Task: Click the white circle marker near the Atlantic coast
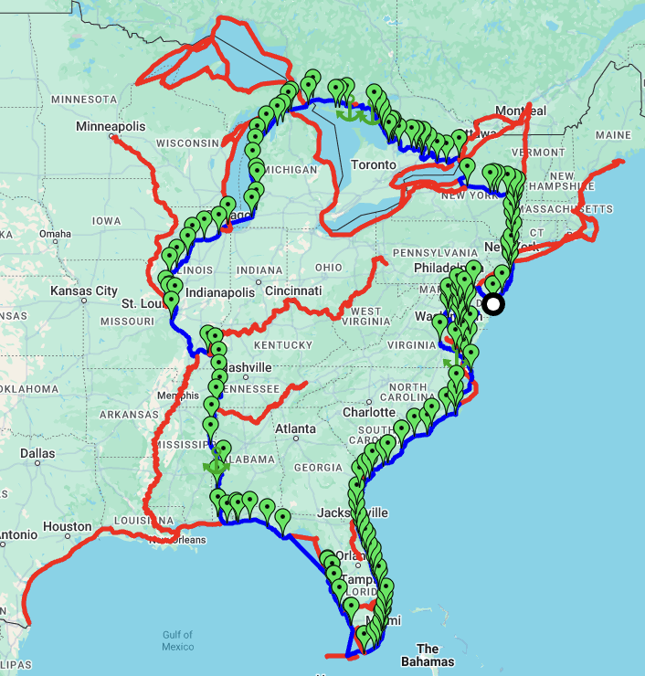tap(493, 304)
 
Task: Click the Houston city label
tap(68, 526)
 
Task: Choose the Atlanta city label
tap(294, 428)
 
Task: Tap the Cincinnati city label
tap(293, 290)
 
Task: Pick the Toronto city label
tap(377, 164)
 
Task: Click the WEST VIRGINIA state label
tap(365, 317)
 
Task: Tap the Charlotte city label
tap(368, 412)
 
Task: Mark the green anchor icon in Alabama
tap(217, 466)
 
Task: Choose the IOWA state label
tap(106, 221)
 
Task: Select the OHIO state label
tap(328, 268)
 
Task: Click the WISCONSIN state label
tap(188, 143)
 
